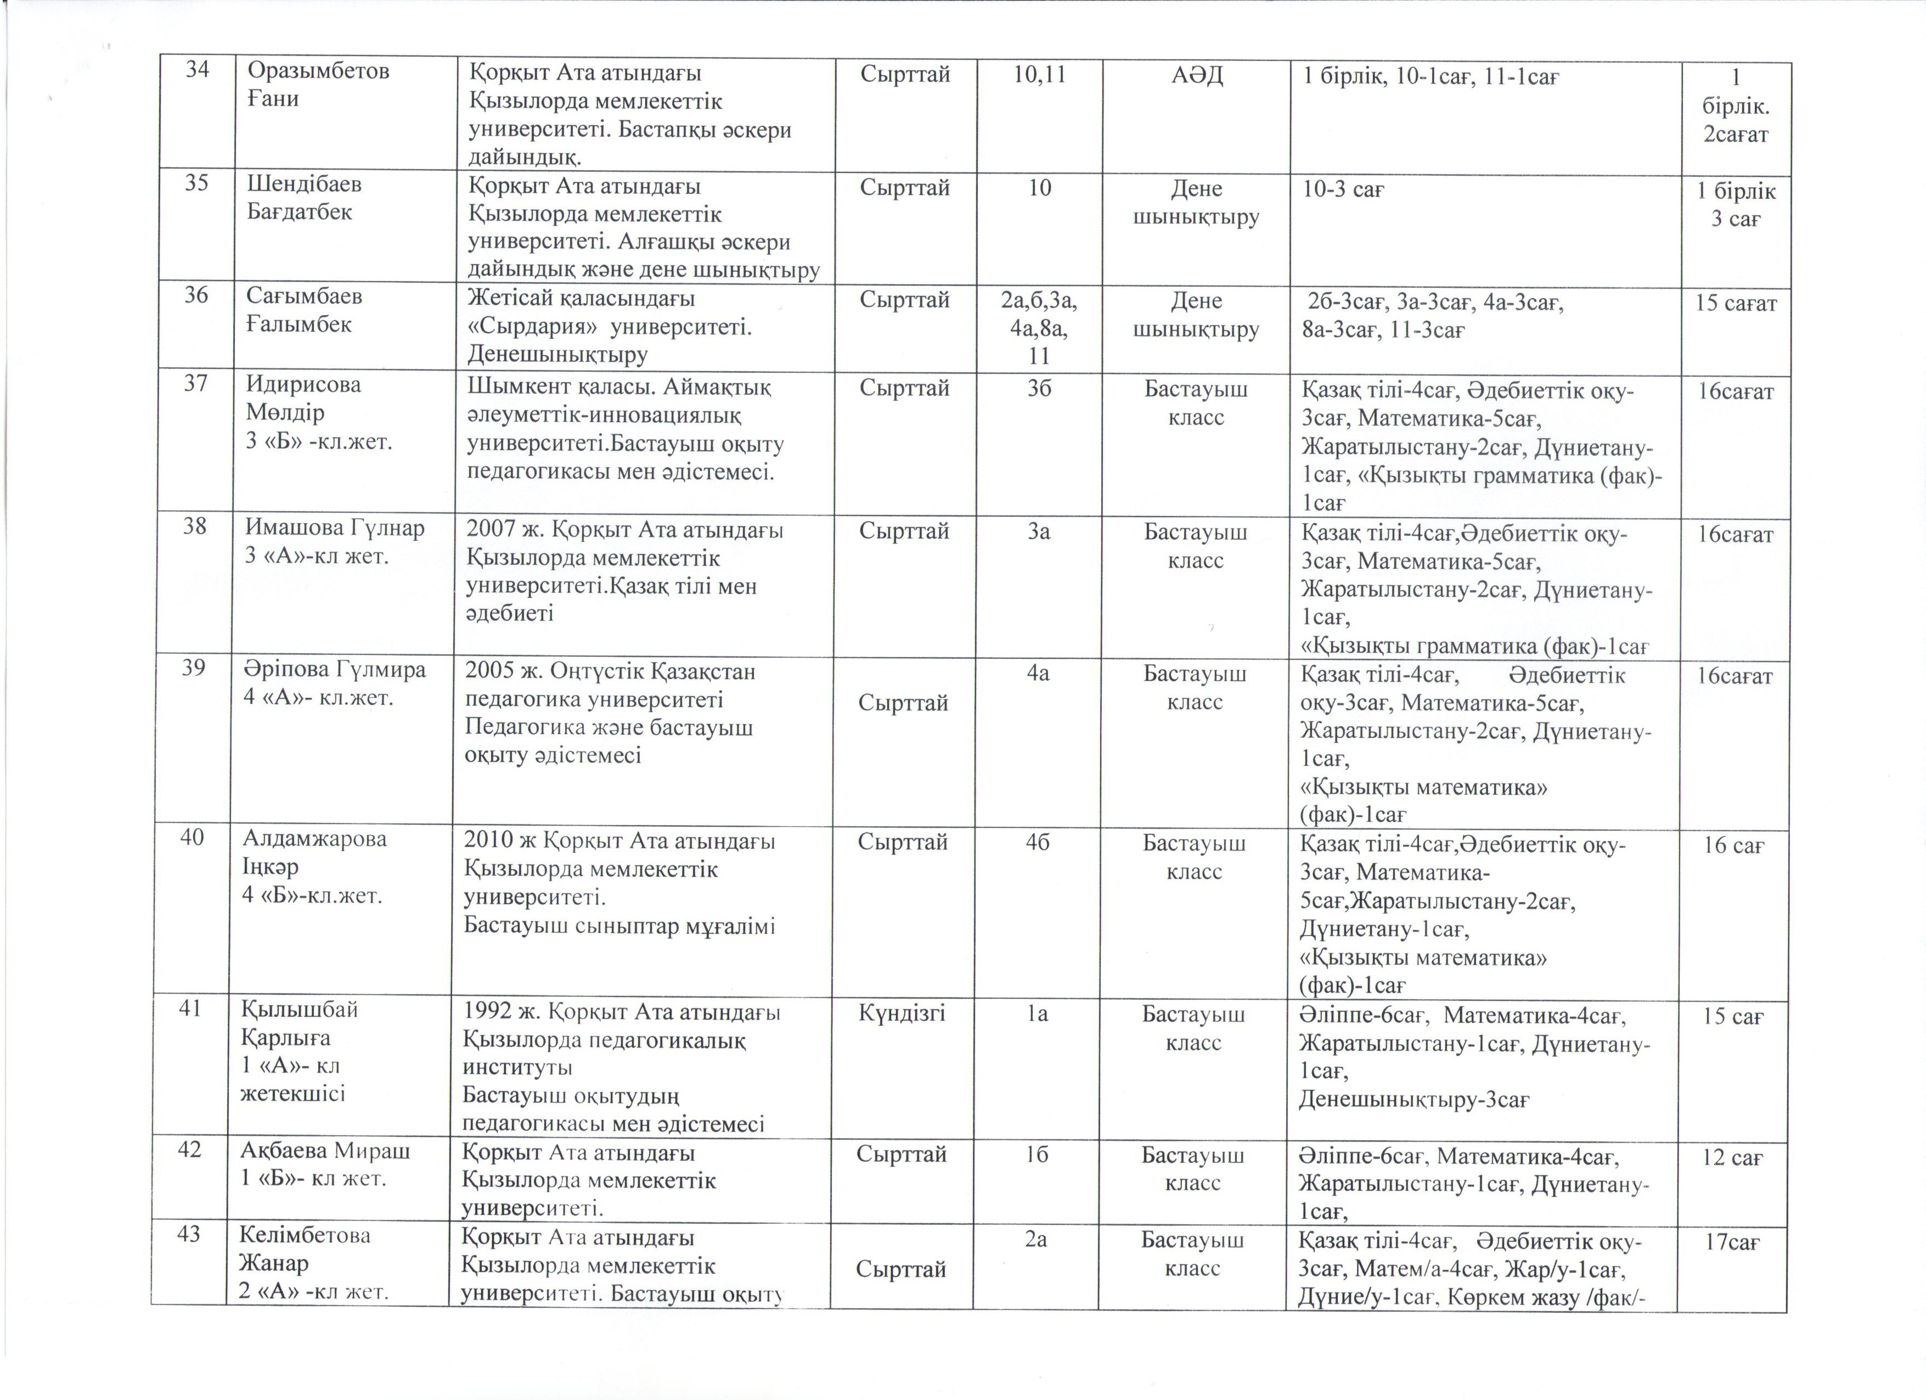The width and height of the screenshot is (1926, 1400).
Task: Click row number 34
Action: tap(197, 70)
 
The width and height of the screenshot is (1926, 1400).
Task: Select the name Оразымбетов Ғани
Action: tap(318, 84)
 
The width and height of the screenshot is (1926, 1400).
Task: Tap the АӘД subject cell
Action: tap(1197, 76)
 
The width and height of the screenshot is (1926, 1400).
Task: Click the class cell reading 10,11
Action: tap(1039, 75)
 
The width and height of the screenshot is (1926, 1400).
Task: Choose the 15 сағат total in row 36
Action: tap(1735, 303)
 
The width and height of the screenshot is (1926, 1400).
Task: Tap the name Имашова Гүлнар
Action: tap(335, 528)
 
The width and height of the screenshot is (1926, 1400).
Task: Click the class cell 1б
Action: tap(1036, 1155)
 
